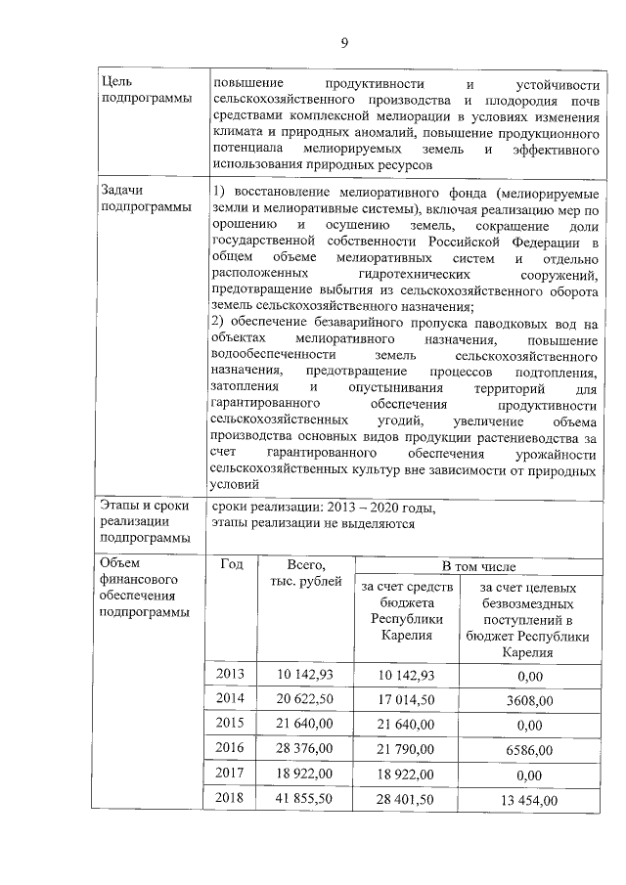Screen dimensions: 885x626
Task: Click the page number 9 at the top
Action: pos(344,41)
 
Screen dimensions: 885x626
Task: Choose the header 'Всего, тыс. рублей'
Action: pos(305,574)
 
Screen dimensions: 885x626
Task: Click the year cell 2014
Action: pos(231,700)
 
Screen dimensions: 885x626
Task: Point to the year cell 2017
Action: pos(231,774)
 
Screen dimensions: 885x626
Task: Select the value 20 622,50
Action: pos(306,700)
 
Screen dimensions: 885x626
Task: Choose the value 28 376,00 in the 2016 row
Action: pos(306,749)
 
